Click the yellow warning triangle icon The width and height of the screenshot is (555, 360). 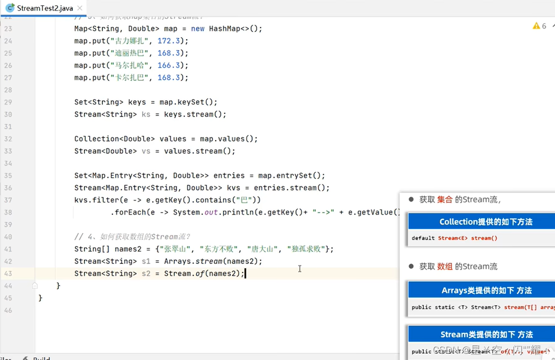tap(536, 26)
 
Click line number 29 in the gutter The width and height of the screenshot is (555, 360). tap(8, 102)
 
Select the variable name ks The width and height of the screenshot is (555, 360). tap(146, 114)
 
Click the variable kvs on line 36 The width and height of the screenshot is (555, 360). tap(233, 188)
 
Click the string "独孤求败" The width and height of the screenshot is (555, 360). tap(306, 249)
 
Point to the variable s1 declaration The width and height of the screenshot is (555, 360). tap(146, 261)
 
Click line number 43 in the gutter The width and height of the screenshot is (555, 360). tap(8, 273)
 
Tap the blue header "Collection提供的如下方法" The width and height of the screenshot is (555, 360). tap(486, 222)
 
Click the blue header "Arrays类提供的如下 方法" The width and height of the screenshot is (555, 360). tap(486, 290)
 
